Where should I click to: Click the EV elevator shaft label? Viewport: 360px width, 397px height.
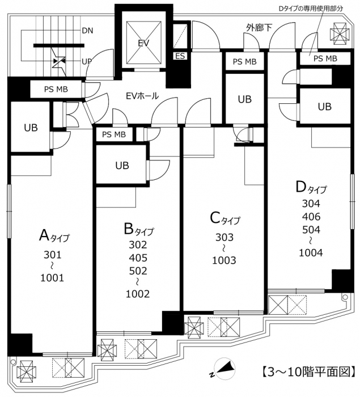(x=143, y=43)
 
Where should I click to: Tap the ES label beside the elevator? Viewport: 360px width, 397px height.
(x=180, y=56)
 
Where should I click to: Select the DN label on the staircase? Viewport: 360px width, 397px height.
(x=88, y=31)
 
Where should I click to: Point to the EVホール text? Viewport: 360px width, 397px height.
(x=142, y=96)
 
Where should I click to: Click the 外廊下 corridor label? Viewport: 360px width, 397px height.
(x=259, y=28)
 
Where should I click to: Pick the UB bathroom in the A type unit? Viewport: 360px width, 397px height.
(x=31, y=128)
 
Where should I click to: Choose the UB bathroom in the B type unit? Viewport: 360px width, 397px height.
(x=122, y=166)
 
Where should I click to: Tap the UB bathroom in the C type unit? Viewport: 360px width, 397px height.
(x=244, y=99)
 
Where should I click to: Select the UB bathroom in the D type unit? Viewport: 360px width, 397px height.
(x=324, y=107)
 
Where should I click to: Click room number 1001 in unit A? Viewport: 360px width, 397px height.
(x=52, y=278)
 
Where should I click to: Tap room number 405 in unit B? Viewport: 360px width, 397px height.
(x=138, y=257)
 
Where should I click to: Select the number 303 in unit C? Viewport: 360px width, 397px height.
(x=225, y=237)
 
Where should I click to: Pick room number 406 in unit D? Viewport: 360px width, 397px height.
(x=311, y=217)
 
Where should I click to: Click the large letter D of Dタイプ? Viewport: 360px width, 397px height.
(x=301, y=187)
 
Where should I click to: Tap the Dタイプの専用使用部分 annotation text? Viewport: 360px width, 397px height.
(x=310, y=9)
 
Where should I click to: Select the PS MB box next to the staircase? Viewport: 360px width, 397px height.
(x=56, y=89)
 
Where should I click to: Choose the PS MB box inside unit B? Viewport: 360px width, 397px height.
(x=114, y=134)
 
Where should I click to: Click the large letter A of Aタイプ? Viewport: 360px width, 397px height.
(x=44, y=235)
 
